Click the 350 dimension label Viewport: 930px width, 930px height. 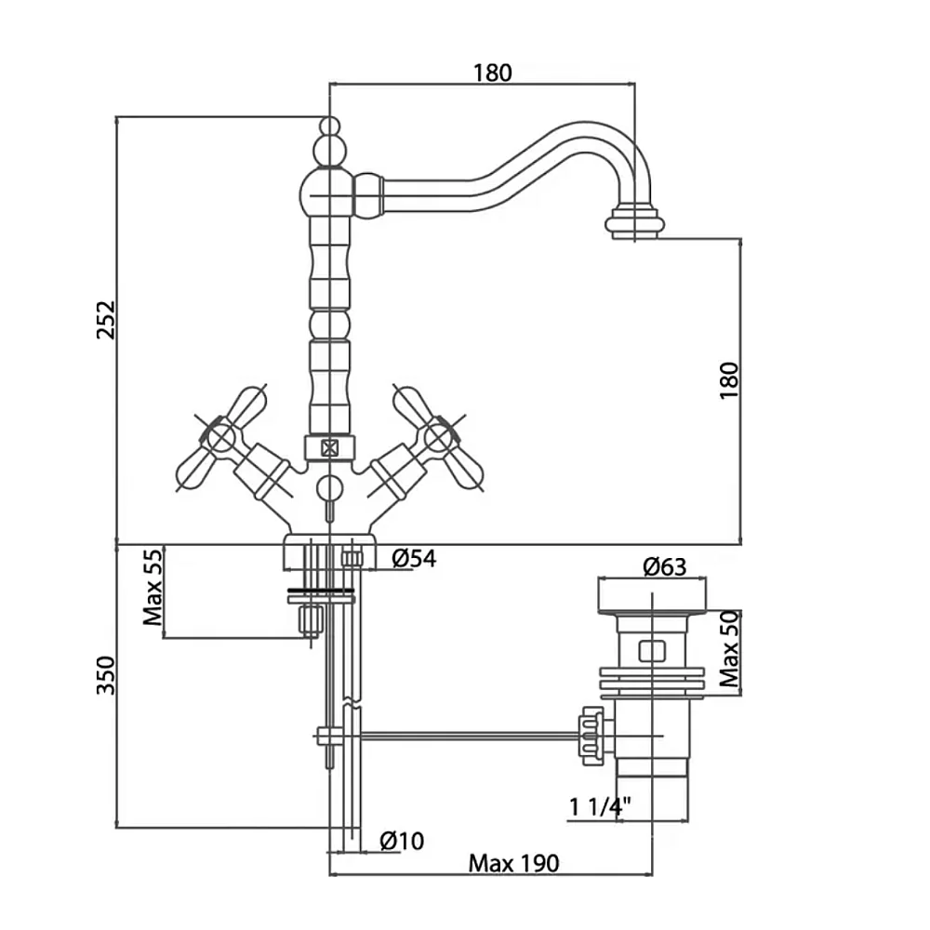point(106,675)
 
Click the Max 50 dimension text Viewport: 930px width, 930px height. point(731,648)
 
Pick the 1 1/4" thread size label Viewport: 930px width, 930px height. point(600,807)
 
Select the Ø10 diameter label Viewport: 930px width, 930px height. point(402,841)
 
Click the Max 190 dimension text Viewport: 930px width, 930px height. point(513,864)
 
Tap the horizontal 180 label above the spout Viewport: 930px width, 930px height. point(492,73)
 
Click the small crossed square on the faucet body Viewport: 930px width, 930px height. point(327,447)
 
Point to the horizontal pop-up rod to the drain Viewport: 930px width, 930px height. point(465,736)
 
